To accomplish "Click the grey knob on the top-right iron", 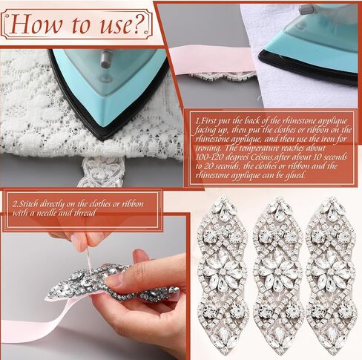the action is pyautogui.click(x=306, y=10).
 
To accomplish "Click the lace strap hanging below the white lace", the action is pyautogui.click(x=102, y=171).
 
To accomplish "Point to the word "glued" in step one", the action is pyautogui.click(x=294, y=175).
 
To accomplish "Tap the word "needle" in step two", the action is pyautogui.click(x=47, y=213).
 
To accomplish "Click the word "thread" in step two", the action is pyautogui.click(x=85, y=213).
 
